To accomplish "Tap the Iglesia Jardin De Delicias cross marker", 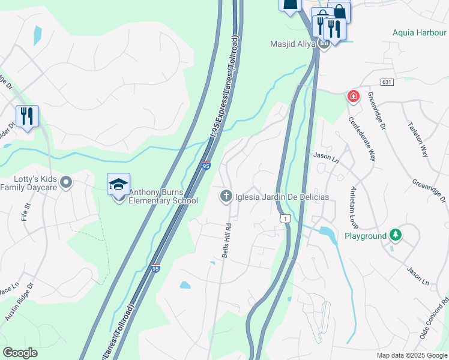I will (226, 196).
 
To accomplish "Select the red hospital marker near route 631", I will (354, 96).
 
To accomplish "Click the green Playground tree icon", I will (395, 235).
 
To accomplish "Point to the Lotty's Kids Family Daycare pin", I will (67, 181).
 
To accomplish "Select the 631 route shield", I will (387, 81).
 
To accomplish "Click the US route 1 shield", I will (285, 219).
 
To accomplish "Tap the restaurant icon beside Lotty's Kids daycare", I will (27, 116).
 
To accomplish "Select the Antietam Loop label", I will (353, 208).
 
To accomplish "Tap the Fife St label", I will (25, 212).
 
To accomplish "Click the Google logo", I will (20, 353).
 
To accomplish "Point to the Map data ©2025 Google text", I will (411, 355).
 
